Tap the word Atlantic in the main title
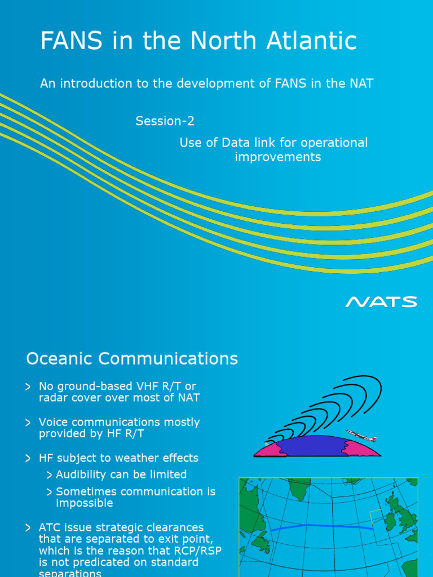[x=313, y=41]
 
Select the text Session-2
[x=165, y=121]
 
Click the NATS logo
[x=381, y=302]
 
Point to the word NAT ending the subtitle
[x=361, y=84]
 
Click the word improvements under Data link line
[x=277, y=157]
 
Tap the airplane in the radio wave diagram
[x=361, y=435]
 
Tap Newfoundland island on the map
[x=260, y=543]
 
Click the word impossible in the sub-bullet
[x=85, y=503]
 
